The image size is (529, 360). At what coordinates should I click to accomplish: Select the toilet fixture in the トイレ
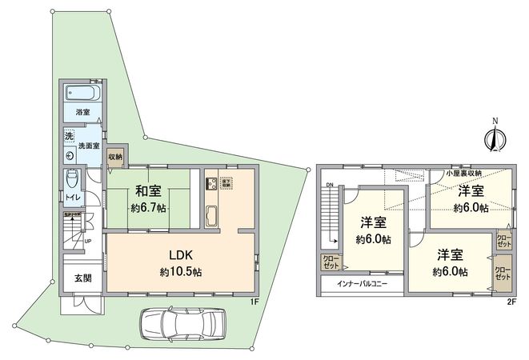(x=72, y=177)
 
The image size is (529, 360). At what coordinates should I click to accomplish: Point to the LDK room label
(x=181, y=256)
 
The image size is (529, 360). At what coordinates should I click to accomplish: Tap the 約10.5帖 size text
(x=181, y=272)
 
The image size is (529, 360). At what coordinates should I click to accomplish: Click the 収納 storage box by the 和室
(x=115, y=157)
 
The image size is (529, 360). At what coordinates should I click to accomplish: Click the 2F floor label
(x=511, y=302)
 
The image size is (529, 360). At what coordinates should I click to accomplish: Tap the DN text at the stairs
(x=329, y=188)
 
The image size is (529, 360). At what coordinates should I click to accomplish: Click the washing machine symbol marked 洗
(x=69, y=136)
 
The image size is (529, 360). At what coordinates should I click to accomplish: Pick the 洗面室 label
(x=88, y=146)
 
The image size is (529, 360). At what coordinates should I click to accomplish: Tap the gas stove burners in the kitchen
(x=211, y=183)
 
